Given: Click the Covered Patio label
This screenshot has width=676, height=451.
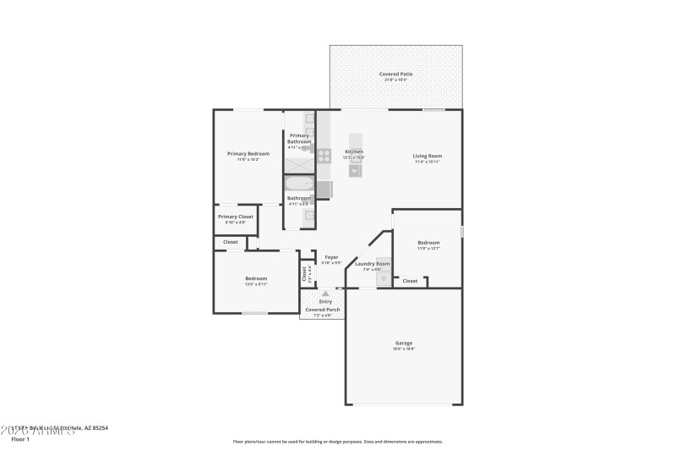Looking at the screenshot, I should [x=396, y=74].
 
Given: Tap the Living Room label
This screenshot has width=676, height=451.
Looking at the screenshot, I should [x=427, y=156].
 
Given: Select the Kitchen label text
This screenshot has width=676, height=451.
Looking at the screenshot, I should [x=353, y=152].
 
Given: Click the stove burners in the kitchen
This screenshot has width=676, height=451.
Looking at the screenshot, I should [x=324, y=154].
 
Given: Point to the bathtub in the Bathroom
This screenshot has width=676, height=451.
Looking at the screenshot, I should [x=298, y=184].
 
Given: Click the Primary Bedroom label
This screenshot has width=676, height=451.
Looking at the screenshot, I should [x=248, y=154].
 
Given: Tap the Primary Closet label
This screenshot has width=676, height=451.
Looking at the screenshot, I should [x=235, y=217].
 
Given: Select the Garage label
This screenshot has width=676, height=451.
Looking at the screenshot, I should [x=403, y=343].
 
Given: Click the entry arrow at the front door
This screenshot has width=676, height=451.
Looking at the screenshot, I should [x=325, y=294].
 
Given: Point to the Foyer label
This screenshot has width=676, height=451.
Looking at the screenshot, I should [x=331, y=257].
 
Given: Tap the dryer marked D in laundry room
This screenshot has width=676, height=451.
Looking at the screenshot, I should [x=384, y=278].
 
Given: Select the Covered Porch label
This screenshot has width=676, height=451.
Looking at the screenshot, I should [x=323, y=310].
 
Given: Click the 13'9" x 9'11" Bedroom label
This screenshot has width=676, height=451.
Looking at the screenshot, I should [x=256, y=279].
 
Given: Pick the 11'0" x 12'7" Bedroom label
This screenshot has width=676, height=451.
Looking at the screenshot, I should [x=428, y=244].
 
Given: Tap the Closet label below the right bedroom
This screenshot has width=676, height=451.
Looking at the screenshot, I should [x=410, y=281].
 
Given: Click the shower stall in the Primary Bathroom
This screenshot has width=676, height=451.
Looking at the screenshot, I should [x=298, y=161].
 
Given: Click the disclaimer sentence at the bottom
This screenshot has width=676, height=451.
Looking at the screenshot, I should [x=337, y=441].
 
